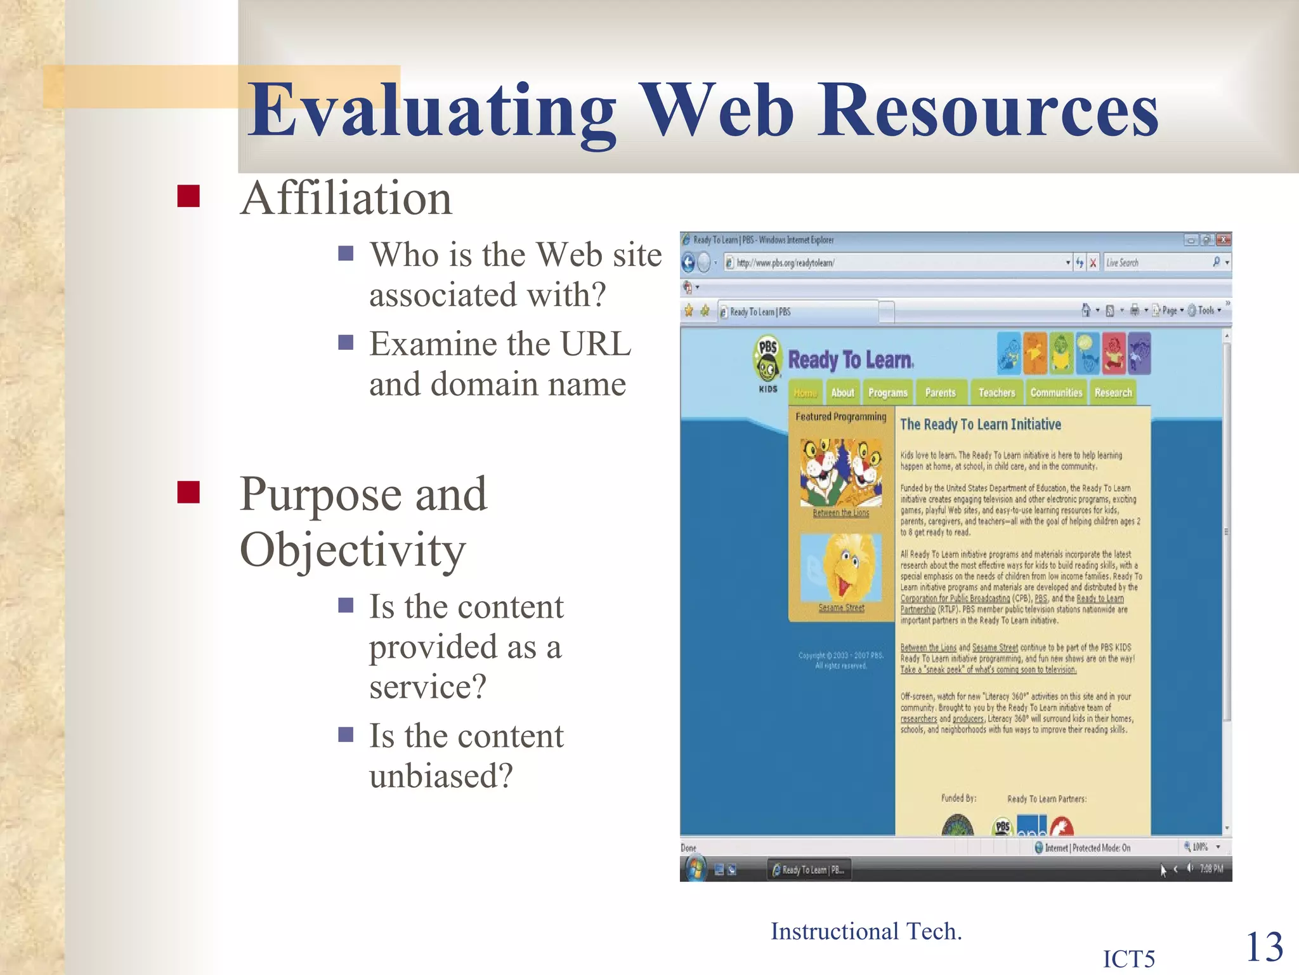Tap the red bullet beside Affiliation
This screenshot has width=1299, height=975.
pyautogui.click(x=188, y=196)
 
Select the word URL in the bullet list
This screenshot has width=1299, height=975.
pyautogui.click(x=596, y=344)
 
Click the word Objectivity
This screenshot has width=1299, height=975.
pyautogui.click(x=353, y=550)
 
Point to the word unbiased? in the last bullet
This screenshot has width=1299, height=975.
pyautogui.click(x=441, y=776)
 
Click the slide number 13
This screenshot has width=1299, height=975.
pyautogui.click(x=1264, y=947)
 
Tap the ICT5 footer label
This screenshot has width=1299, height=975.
pyautogui.click(x=1129, y=958)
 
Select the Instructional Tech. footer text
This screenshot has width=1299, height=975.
pyautogui.click(x=866, y=931)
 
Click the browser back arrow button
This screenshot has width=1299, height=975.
pyautogui.click(x=689, y=262)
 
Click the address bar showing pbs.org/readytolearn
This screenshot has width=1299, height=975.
pyautogui.click(x=894, y=263)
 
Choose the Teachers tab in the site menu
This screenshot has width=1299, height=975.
pyautogui.click(x=996, y=393)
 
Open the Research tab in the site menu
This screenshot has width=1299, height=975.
pyautogui.click(x=1113, y=393)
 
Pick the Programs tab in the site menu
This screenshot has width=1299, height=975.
pyautogui.click(x=887, y=393)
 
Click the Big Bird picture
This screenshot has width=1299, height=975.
pyautogui.click(x=841, y=567)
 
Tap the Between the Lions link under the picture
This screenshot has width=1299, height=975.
pyautogui.click(x=841, y=513)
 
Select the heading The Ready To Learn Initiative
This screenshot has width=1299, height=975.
pyautogui.click(x=980, y=424)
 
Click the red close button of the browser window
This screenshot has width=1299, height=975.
pyautogui.click(x=1224, y=240)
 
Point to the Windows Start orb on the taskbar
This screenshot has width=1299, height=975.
pyautogui.click(x=695, y=868)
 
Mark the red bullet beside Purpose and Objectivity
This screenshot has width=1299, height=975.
pyautogui.click(x=188, y=492)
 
